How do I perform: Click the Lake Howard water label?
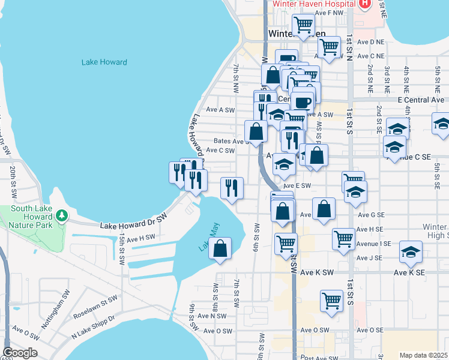(104, 62)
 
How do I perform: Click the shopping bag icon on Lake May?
(220, 249)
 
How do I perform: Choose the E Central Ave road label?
(421, 100)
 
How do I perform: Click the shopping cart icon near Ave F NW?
(304, 25)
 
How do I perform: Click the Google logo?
(20, 352)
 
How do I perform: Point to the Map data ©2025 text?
(424, 355)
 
